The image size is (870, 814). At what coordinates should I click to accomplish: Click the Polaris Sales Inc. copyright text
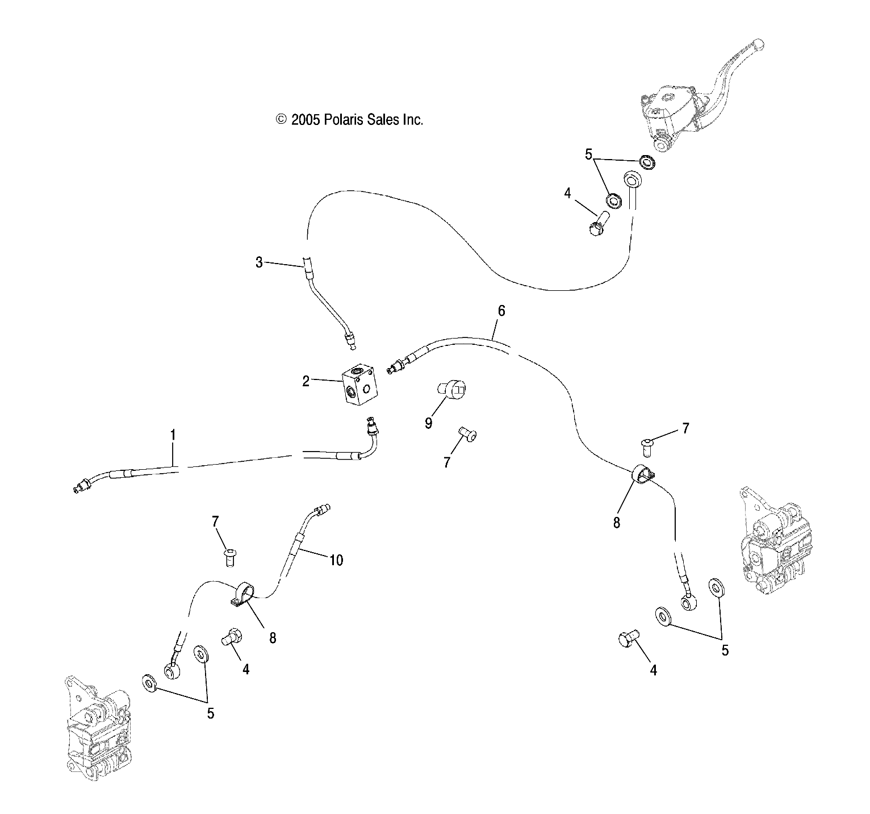coord(349,120)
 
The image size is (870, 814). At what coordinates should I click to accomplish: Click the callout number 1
coord(173,436)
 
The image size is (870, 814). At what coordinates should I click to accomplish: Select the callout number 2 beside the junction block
coord(306,381)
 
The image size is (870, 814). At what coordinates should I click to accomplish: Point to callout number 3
coord(259,262)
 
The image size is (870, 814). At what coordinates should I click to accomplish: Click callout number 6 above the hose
coord(501,311)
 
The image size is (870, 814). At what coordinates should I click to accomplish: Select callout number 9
coord(428,423)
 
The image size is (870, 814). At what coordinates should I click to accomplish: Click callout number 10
coord(336,560)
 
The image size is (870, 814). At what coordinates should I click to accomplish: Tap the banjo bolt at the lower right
coord(629,638)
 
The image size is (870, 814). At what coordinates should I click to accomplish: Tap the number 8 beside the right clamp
coord(617,522)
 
